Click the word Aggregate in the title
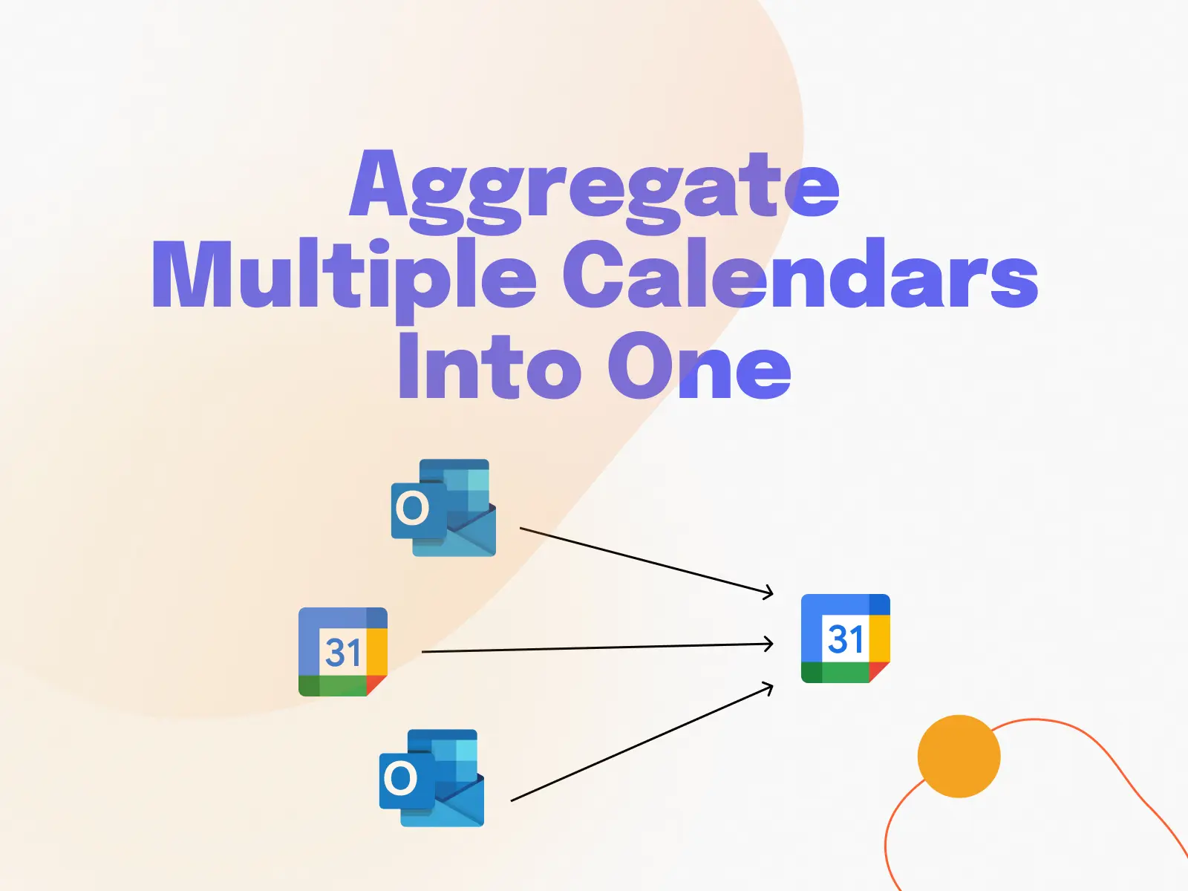pos(594,192)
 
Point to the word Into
pos(490,365)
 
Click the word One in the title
pos(699,365)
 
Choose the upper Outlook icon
pos(444,507)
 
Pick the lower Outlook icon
pos(432,778)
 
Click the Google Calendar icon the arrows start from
pos(343,651)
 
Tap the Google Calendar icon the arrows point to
pos(846,639)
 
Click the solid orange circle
pos(959,757)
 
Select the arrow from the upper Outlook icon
pos(647,561)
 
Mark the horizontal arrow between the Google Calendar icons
pos(598,647)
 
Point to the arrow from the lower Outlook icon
pos(642,742)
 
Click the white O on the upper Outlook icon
pos(412,509)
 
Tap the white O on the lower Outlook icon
pos(400,778)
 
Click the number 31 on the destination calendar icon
pos(846,639)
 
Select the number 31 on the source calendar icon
pos(342,653)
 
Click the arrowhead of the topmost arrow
pos(768,593)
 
